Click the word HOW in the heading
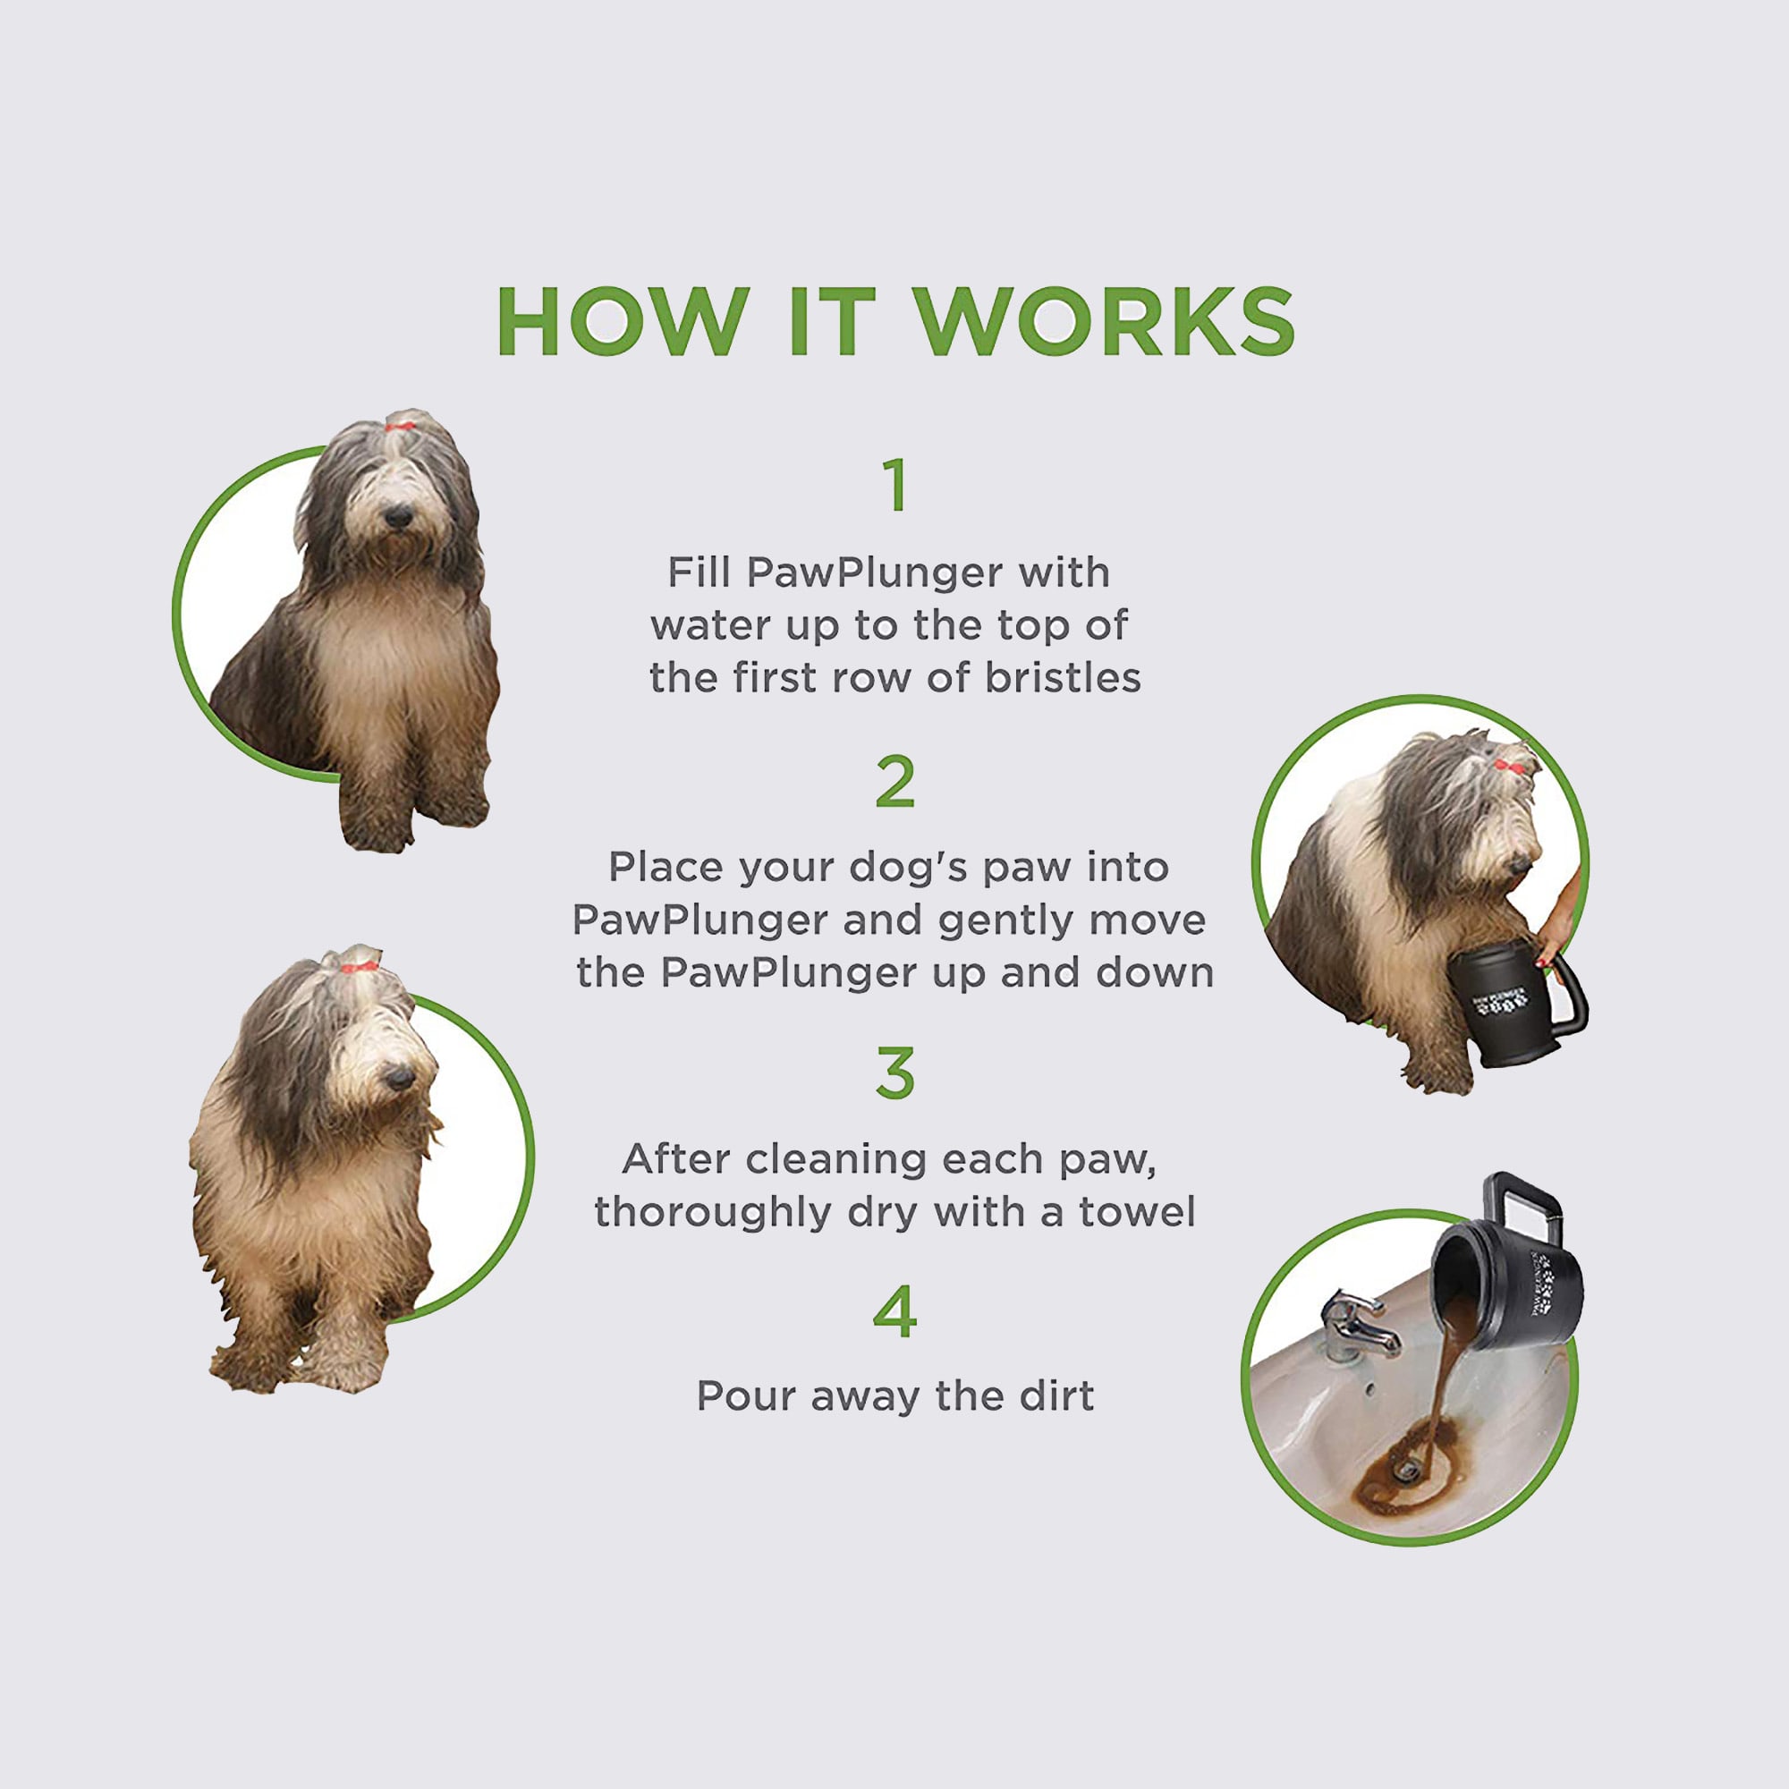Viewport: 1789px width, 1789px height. pos(623,321)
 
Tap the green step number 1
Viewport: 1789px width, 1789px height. pos(894,484)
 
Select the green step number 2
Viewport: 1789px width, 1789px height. pos(894,782)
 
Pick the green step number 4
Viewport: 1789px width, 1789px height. pos(894,1311)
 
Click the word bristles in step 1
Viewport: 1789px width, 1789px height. pos(1062,678)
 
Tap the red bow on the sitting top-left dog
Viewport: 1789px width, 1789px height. pos(401,427)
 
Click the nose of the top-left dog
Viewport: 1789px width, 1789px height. pos(398,516)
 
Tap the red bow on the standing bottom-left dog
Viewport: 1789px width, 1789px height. pos(359,967)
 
